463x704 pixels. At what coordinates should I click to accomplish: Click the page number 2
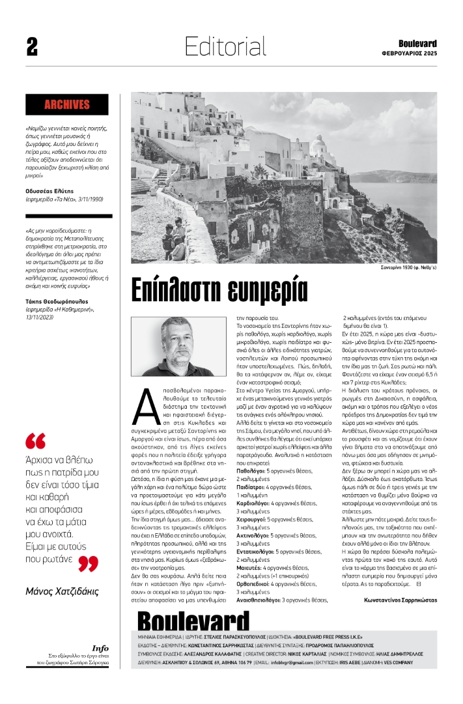(32, 46)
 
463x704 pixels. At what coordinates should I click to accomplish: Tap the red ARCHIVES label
(67, 104)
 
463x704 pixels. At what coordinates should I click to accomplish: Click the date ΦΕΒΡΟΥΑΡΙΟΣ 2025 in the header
(410, 53)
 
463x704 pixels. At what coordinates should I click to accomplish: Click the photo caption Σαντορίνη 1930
(408, 267)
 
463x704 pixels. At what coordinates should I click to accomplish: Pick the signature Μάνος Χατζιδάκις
(61, 592)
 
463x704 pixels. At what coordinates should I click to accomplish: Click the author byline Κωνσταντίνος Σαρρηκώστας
(400, 599)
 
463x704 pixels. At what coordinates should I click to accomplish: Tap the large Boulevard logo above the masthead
(189, 620)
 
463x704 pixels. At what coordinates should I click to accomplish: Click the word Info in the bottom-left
(100, 648)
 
